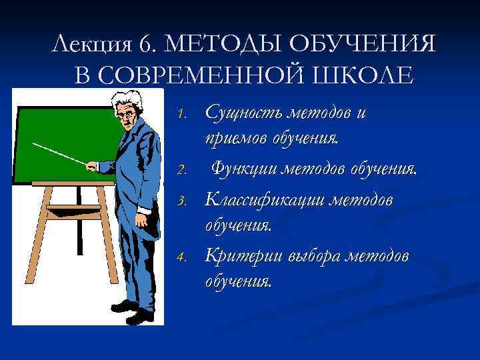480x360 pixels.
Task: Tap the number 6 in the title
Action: (146, 45)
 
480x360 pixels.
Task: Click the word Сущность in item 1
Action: (243, 113)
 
